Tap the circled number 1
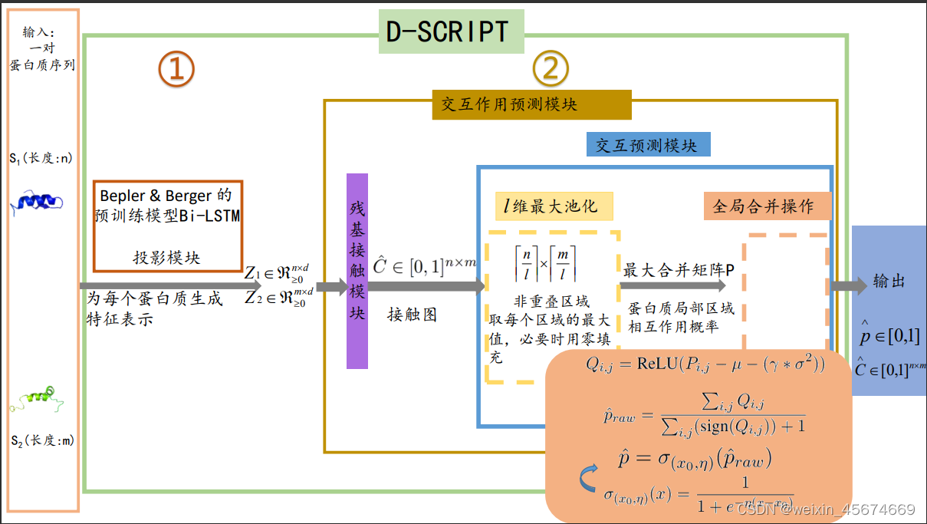pos(176,70)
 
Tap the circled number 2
pos(551,70)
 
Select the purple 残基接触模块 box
pos(357,271)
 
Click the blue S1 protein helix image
pos(40,201)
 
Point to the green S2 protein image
pos(38,399)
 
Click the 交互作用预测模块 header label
pos(531,104)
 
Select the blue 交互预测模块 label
pos(648,144)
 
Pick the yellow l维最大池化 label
pos(553,206)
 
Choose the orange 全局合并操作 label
pos(768,206)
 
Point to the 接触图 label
pos(412,315)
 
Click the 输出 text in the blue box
pos(889,282)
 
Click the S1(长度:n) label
pos(40,159)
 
